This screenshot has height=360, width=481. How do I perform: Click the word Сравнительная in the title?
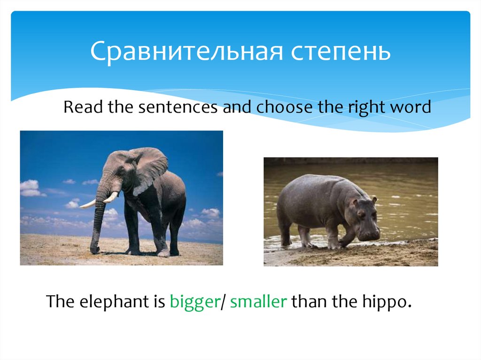pos(186,52)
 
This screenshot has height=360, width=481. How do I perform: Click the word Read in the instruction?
pos(83,107)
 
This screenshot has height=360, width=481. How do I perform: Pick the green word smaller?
pos(258,302)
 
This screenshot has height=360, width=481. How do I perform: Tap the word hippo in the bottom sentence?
pos(389,302)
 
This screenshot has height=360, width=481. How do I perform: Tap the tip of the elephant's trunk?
pos(93,250)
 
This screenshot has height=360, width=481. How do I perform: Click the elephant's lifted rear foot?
pos(163,253)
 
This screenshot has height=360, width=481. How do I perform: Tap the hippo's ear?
pos(374,200)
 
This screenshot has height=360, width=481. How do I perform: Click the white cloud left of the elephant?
pos(31,188)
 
